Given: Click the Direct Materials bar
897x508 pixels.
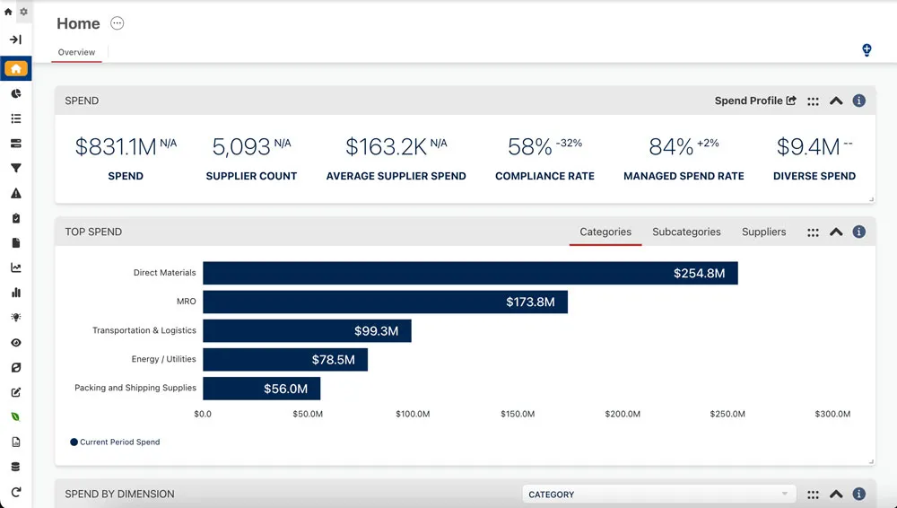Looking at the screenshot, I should coord(470,273).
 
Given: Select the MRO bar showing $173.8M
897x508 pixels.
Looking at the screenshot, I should coord(385,302).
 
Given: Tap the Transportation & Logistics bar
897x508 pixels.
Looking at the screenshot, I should coord(307,330).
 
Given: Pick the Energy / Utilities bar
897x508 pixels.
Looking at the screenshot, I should coord(285,359).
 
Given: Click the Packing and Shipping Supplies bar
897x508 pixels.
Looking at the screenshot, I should coord(261,388).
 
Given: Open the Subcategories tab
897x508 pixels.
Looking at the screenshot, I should coord(686,232).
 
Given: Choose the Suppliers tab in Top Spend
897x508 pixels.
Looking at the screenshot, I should coord(763,232).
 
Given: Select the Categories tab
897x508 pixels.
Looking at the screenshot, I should coord(605,232).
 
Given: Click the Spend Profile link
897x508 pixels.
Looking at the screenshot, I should coord(754,101).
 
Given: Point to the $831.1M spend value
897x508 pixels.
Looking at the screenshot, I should coord(116,146).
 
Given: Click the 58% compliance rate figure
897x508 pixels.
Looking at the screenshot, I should coord(529,147).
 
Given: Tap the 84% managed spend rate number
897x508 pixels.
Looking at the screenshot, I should coord(671,147).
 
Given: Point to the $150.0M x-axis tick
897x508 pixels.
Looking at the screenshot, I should coord(518,414).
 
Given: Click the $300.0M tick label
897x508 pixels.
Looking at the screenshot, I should coord(832,414).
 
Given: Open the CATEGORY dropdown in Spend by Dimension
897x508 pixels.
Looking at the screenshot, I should coord(658,495).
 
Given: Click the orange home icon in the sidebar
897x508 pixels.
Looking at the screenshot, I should coord(16,68).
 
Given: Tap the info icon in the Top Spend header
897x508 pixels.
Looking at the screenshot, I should coord(858,232).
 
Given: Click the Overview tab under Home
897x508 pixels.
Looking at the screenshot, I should coord(76,52).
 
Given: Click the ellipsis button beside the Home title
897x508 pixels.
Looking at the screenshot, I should coord(118,23).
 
